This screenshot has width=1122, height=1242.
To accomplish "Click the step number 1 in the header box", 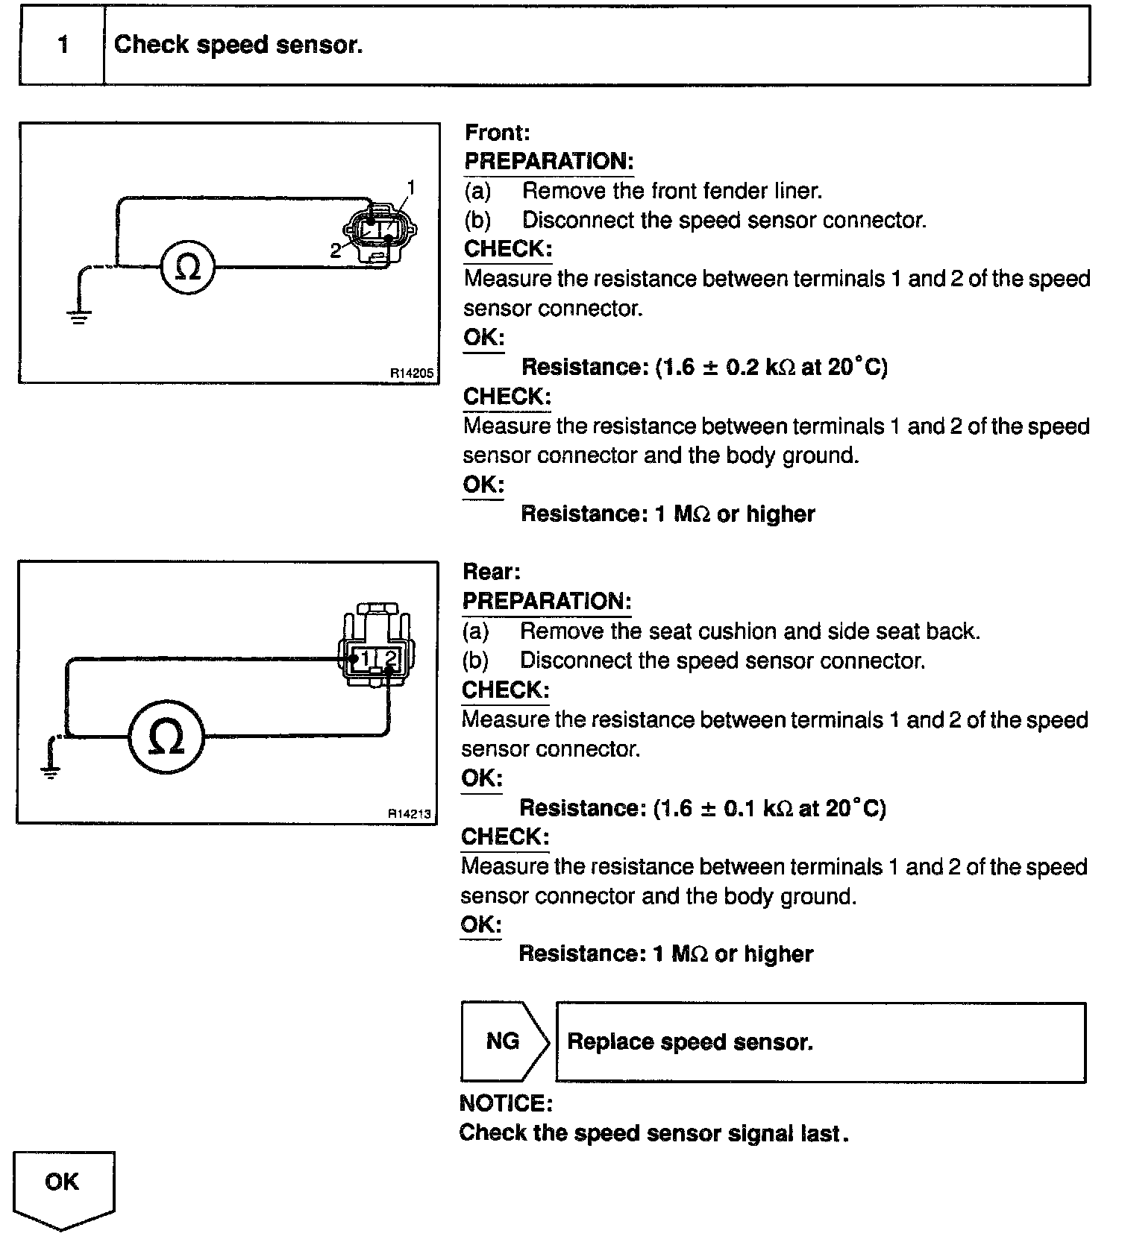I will (x=63, y=45).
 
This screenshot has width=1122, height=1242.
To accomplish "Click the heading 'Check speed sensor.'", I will (x=238, y=45).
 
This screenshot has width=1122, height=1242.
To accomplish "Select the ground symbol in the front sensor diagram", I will (x=79, y=316).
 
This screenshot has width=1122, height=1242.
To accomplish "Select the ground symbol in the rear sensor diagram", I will (x=51, y=772).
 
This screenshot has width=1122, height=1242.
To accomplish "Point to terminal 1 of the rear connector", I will (x=366, y=658).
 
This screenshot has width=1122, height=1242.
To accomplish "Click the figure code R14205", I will (x=411, y=372).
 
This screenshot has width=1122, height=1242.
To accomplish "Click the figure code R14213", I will (x=410, y=813).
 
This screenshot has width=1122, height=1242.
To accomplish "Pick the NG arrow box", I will (x=504, y=1041).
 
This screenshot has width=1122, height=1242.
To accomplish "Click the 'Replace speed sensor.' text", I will (x=690, y=1041).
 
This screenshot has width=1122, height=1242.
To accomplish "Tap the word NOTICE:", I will (x=507, y=1103).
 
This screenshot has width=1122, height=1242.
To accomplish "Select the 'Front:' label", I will (x=497, y=133).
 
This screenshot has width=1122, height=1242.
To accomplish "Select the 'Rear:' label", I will (x=492, y=572).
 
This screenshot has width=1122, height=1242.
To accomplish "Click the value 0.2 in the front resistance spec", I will (x=742, y=367).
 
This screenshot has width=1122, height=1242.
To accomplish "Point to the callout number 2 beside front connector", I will (x=336, y=250).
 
